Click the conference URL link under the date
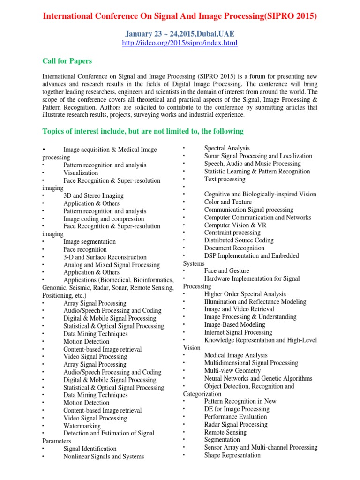pyautogui.click(x=180, y=43)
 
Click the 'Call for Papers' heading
pyautogui.click(x=67, y=61)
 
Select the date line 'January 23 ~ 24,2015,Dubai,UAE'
pyautogui.click(x=180, y=34)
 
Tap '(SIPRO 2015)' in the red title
pyautogui.click(x=291, y=16)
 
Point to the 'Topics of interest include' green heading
pyautogui.click(x=143, y=131)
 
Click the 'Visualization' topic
pyautogui.click(x=81, y=173)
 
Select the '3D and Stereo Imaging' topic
pyautogui.click(x=93, y=196)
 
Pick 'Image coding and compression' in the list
pyautogui.click(x=104, y=219)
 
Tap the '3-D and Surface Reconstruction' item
pyautogui.click(x=105, y=257)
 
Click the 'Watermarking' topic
pyautogui.click(x=82, y=426)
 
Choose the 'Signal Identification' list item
pyautogui.click(x=90, y=449)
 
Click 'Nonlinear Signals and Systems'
pyautogui.click(x=104, y=456)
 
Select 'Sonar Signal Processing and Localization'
pyautogui.click(x=258, y=156)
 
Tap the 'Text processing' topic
pyautogui.click(x=225, y=179)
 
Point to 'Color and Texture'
pyautogui.click(x=228, y=202)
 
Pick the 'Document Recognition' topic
pyautogui.click(x=234, y=248)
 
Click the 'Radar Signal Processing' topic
pyautogui.click(x=236, y=424)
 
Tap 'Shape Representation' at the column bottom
pyautogui.click(x=232, y=455)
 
